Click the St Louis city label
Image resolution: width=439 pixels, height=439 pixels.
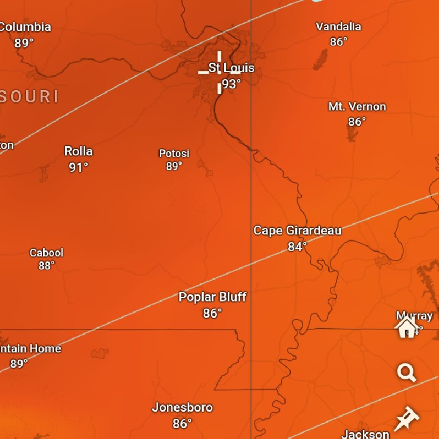pos(231,68)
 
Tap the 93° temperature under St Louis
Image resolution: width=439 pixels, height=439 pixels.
pos(231,84)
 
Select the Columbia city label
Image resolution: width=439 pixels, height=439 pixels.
pos(25,27)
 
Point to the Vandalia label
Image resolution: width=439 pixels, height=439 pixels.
pos(338,27)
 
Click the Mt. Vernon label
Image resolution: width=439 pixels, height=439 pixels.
pos(357,107)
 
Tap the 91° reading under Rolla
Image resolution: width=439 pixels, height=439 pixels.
pos(78,167)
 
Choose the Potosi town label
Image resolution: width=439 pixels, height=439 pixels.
pos(174,153)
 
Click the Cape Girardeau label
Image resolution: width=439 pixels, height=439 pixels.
pos(297,230)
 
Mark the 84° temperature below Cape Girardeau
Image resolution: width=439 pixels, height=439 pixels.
pos(297,247)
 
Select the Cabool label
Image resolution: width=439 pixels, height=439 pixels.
pos(46,253)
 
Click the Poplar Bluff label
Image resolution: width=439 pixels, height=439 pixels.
pos(213,297)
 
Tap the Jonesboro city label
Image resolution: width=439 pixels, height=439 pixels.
pos(182,407)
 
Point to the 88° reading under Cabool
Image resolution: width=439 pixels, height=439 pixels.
pos(46,266)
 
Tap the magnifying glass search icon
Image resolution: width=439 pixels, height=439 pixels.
pos(406,372)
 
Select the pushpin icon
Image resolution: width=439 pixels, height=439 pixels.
pos(407,418)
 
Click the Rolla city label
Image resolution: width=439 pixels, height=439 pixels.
pos(78,151)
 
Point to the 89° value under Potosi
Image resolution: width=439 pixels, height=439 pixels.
pos(174,166)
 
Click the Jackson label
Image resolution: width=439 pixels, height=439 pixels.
pos(365,434)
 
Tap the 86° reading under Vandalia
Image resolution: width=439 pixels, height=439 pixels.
pos(338,42)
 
